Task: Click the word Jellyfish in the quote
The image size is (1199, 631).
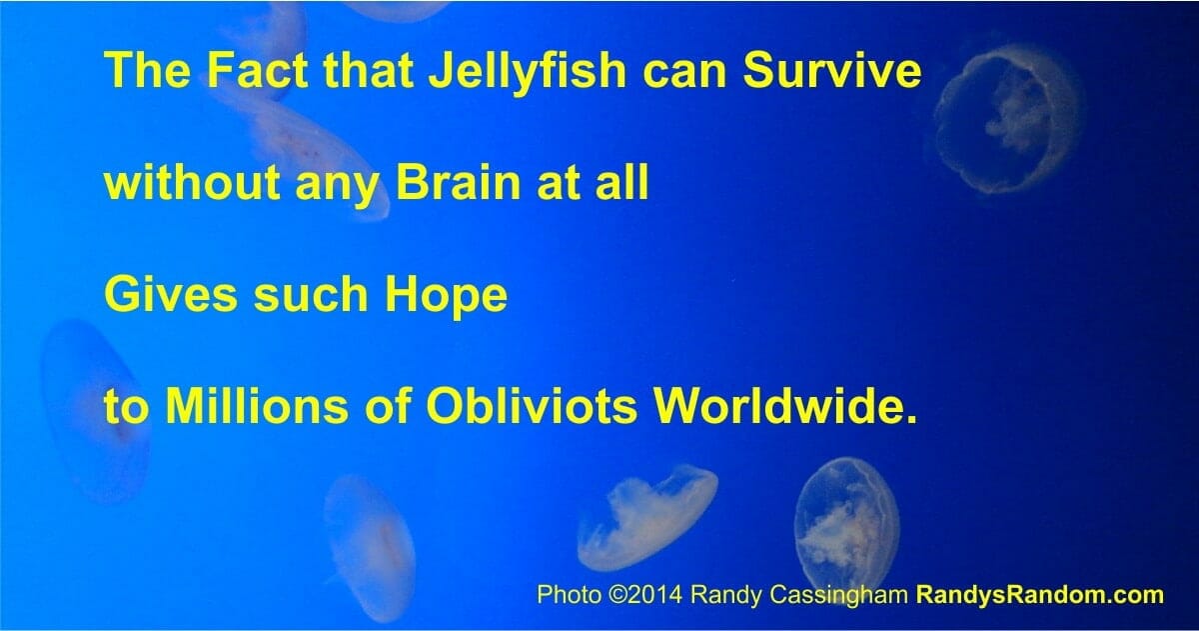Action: tap(528, 72)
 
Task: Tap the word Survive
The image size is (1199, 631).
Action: tap(831, 70)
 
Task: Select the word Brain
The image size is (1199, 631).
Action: tap(459, 182)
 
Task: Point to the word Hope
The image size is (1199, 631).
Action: tap(446, 296)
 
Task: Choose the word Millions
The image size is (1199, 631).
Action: tap(257, 404)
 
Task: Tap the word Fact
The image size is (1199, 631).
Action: tap(258, 70)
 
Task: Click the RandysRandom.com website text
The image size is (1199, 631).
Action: tap(1040, 595)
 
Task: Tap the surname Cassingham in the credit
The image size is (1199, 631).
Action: tap(836, 596)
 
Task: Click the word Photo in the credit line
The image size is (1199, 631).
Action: tap(569, 595)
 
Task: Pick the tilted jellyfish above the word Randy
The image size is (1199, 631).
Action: tap(647, 517)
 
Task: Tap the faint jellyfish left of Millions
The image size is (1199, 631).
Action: tap(94, 410)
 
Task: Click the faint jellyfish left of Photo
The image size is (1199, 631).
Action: tap(370, 546)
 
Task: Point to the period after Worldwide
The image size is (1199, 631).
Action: tap(906, 419)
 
